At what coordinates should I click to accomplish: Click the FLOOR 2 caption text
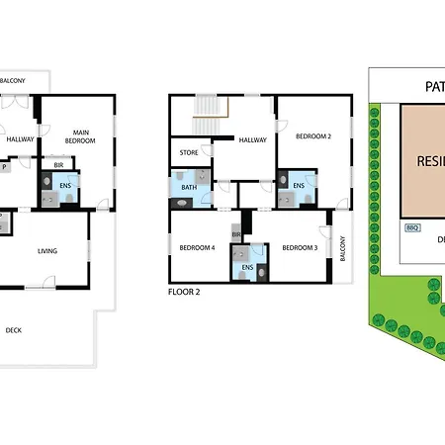[x=185, y=293]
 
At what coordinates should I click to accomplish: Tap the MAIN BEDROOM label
[x=80, y=135]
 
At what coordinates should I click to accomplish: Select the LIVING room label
[x=46, y=251]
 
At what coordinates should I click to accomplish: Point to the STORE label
[x=189, y=152]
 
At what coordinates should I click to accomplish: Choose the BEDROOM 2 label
[x=314, y=135]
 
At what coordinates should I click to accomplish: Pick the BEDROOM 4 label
[x=199, y=247]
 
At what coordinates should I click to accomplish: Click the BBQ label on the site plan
[x=412, y=227]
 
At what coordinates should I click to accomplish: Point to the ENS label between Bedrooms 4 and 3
[x=247, y=267]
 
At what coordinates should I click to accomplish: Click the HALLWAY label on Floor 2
[x=252, y=139]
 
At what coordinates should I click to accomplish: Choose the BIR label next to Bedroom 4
[x=236, y=234]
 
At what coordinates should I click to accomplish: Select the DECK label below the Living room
[x=14, y=330]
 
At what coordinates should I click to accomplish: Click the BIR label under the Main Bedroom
[x=59, y=163]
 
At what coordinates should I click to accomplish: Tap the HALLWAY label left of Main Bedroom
[x=20, y=139]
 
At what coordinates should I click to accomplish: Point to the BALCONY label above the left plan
[x=12, y=80]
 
